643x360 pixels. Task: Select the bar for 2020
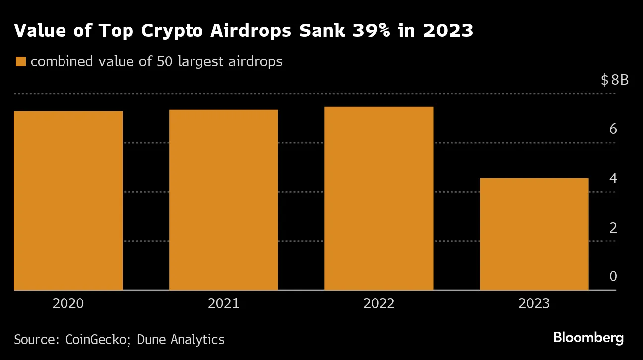coord(68,200)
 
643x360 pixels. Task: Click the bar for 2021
coord(224,199)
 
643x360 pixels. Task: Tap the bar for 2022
coord(379,198)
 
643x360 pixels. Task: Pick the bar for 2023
coord(534,234)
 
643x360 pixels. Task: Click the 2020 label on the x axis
coord(68,303)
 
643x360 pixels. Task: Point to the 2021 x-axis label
coord(224,303)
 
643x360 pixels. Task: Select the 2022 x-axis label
coord(379,303)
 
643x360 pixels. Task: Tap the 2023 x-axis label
coord(534,303)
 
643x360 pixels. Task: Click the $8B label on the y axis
coord(614,80)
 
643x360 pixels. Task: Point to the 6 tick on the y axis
coord(613,129)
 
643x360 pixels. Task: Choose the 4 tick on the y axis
coord(613,179)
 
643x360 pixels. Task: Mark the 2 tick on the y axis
coord(613,228)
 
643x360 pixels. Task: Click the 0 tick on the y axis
coord(613,276)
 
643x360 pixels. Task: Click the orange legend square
coord(20,62)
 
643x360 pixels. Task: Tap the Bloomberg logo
coord(588,338)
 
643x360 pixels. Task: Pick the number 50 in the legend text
coord(164,62)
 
